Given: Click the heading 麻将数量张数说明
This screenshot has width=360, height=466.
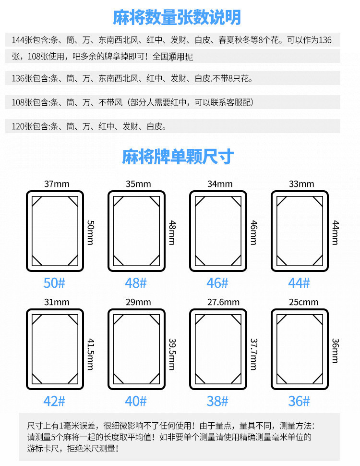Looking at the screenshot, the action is click(177, 18).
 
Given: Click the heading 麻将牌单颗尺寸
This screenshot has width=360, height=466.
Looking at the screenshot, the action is click(178, 157).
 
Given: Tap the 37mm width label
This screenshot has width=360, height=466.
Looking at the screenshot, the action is click(57, 184).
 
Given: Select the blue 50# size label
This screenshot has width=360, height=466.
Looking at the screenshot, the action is click(54, 283).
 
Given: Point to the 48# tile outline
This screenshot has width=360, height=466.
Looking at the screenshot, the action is click(136, 231).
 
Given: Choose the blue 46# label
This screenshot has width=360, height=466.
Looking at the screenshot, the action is click(217, 283).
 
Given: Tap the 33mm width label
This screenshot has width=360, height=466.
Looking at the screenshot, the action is click(301, 184).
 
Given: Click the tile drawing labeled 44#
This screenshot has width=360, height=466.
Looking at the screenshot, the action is click(300, 231).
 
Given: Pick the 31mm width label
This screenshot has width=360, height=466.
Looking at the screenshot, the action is click(57, 302).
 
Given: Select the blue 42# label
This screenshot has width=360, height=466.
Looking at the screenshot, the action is click(54, 401).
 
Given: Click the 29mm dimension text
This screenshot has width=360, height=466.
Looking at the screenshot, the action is click(138, 302).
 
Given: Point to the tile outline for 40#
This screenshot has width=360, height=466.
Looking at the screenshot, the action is click(136, 349).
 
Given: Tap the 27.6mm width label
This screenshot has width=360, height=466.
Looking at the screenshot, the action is click(220, 302).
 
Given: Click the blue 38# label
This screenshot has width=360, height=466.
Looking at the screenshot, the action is click(217, 401).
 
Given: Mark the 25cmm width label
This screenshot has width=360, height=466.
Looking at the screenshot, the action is click(301, 302).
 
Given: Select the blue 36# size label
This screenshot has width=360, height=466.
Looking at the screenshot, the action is click(299, 401).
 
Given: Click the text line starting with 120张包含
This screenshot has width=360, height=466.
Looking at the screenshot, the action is click(89, 127).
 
